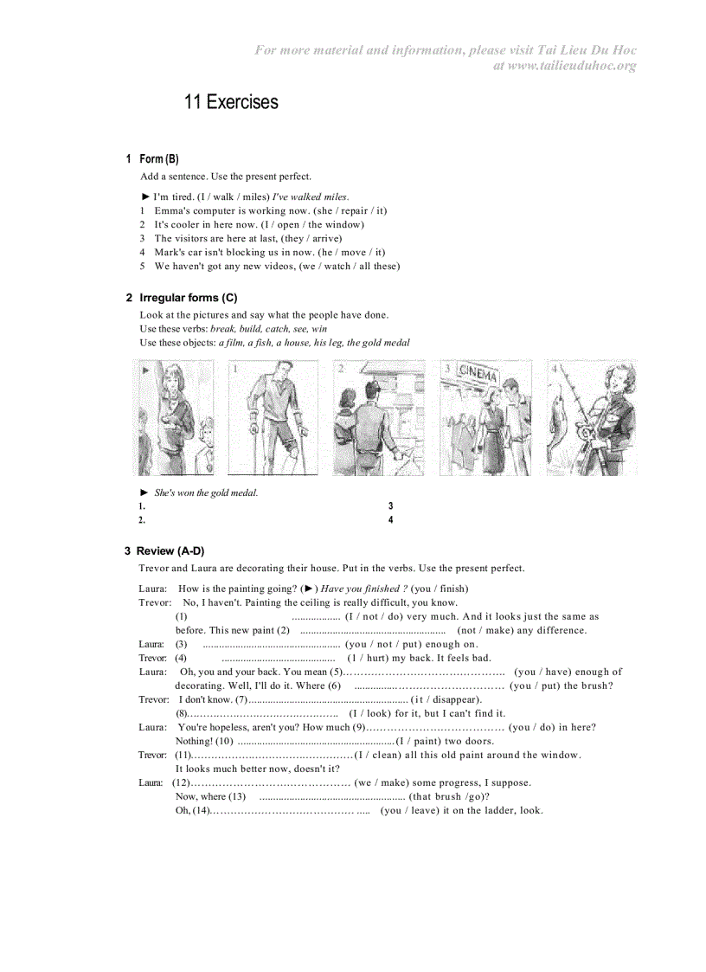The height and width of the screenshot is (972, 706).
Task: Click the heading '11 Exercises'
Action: [231, 102]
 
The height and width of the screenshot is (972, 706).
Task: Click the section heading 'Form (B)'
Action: [159, 158]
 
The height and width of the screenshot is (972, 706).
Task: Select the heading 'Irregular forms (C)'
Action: [189, 298]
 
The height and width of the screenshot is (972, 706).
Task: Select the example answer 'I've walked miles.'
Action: [311, 196]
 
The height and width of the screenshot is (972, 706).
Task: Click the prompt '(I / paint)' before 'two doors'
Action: [419, 741]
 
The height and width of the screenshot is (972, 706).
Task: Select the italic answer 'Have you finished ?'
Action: [364, 589]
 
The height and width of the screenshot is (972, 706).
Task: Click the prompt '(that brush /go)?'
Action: [450, 796]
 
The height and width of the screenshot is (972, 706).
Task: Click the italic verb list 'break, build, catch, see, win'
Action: [268, 329]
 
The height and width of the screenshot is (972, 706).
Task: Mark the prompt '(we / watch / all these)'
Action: [350, 266]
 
